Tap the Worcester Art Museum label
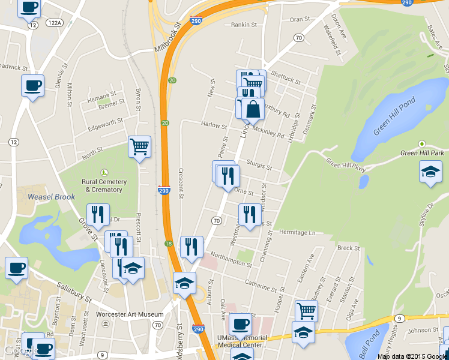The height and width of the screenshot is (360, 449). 130,314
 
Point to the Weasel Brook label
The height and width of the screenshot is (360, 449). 51,197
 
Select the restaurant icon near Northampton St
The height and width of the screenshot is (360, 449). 191,246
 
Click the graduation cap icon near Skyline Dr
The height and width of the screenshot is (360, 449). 429,172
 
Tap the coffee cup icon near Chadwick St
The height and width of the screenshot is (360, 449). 32,85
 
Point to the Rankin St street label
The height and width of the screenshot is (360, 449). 244,26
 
